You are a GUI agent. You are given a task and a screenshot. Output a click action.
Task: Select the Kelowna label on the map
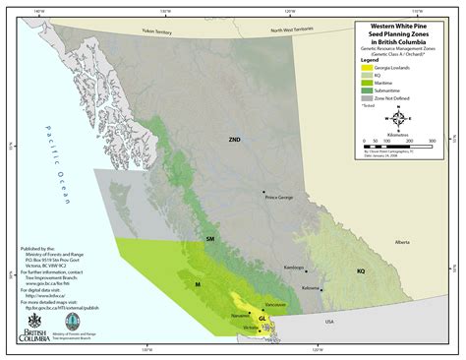coord(312,287)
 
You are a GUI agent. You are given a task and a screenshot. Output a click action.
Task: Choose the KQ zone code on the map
coord(360,270)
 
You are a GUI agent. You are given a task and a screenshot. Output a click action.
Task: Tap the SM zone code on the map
coord(208,239)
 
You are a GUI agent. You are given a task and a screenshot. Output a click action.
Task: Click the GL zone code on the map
coord(262,320)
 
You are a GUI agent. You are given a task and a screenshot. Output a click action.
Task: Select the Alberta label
coord(374,241)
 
